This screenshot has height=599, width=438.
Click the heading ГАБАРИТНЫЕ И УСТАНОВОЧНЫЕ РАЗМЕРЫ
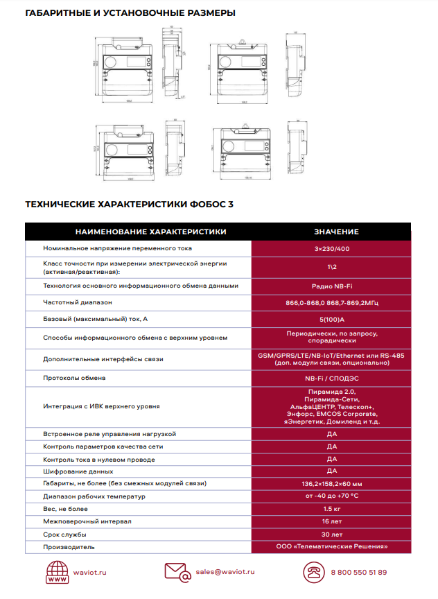click(130, 12)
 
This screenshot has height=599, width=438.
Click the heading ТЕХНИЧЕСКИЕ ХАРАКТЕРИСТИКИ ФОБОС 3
click(130, 205)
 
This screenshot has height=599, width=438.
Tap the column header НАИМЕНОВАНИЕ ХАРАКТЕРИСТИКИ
click(150, 232)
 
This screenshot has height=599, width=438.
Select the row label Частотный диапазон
click(77, 302)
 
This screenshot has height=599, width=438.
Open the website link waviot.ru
click(90, 572)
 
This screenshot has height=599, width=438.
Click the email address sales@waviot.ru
click(225, 572)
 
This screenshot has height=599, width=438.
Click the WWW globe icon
click(57, 572)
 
